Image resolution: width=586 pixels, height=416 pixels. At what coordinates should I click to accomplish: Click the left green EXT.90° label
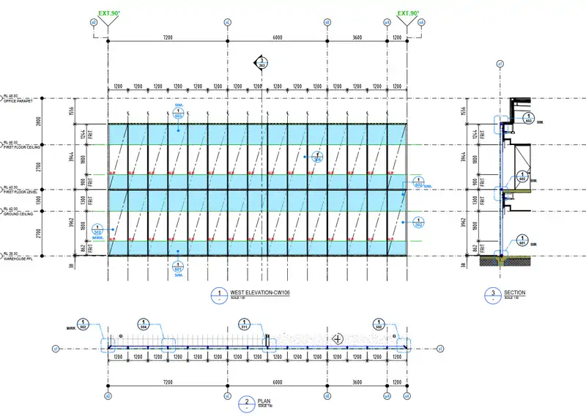pyautogui.click(x=108, y=13)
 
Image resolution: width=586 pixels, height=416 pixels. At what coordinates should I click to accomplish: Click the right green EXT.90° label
pyautogui.click(x=408, y=13)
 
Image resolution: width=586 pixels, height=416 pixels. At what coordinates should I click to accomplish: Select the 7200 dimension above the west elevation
pyautogui.click(x=167, y=37)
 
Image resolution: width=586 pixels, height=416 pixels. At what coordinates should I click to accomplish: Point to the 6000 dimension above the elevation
pyautogui.click(x=276, y=37)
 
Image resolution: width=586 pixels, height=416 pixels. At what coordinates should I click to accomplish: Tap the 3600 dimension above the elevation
pyautogui.click(x=357, y=37)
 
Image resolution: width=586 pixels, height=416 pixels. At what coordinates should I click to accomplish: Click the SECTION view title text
pyautogui.click(x=514, y=293)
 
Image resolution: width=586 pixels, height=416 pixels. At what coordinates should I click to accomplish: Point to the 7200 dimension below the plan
pyautogui.click(x=167, y=382)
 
